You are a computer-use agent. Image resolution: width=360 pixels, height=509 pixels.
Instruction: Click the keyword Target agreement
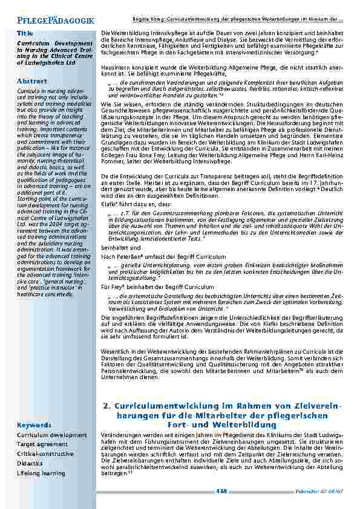pos(43,444)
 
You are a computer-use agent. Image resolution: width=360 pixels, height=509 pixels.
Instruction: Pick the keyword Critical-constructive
pos(45,454)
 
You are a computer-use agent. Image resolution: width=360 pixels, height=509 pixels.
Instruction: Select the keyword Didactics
pos(30,464)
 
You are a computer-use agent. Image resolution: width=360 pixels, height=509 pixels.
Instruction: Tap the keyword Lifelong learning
pos(42,473)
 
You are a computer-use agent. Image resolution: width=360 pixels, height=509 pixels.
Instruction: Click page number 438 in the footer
pos(221,491)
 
